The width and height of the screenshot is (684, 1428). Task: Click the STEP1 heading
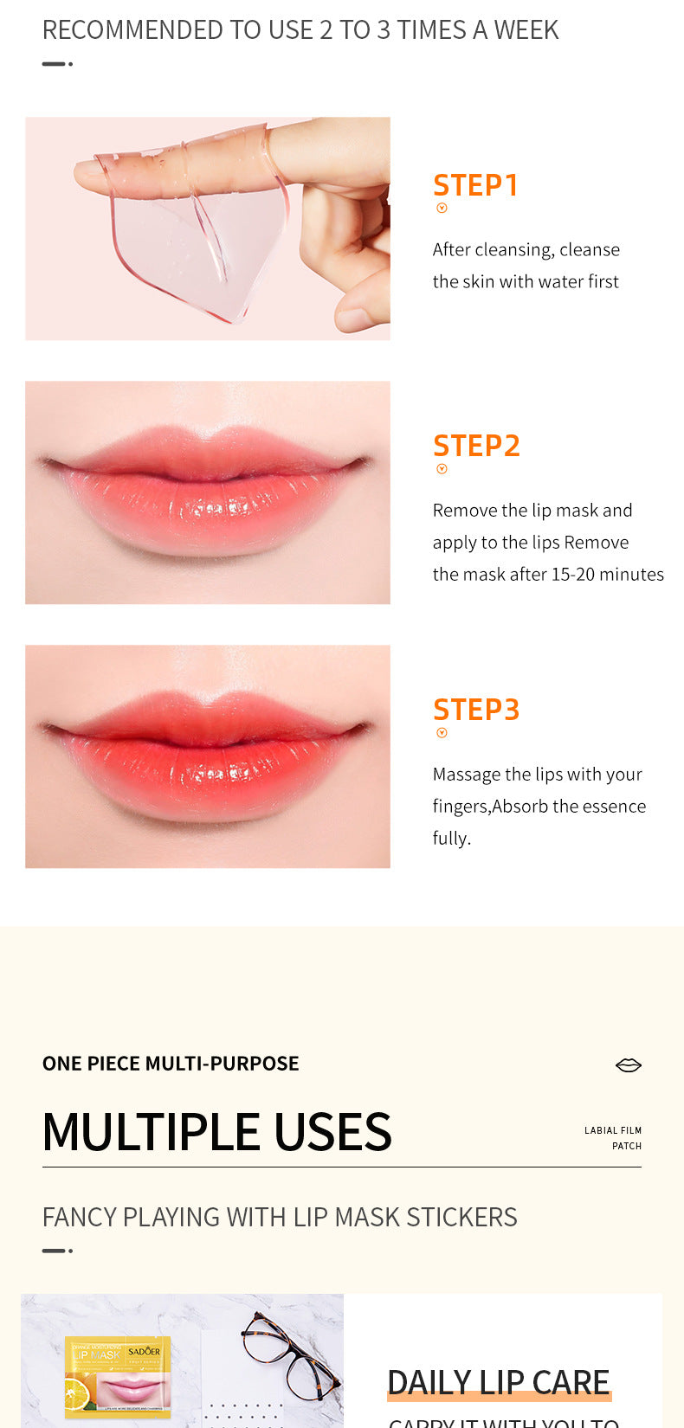click(x=475, y=185)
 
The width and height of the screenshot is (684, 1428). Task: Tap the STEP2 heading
click(x=476, y=446)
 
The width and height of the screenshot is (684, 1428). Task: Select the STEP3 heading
click(x=476, y=710)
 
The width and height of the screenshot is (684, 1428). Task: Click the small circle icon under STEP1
click(x=442, y=208)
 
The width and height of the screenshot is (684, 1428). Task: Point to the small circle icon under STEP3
click(x=442, y=733)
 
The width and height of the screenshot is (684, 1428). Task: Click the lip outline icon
click(x=628, y=1065)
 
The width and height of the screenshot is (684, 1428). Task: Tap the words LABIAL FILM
click(x=612, y=1130)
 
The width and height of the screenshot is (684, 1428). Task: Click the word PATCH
click(x=626, y=1146)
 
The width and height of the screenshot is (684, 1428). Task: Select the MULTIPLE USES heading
click(x=216, y=1132)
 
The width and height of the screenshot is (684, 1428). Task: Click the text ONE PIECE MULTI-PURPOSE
click(x=171, y=1064)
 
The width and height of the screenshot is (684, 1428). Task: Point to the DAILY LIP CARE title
click(x=498, y=1382)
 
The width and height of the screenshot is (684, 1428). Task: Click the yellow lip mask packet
click(x=118, y=1376)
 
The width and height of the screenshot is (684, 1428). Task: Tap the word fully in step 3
click(x=451, y=839)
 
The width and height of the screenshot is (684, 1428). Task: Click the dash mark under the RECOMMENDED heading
click(x=57, y=64)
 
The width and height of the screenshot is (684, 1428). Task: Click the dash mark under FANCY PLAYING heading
click(x=57, y=1251)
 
